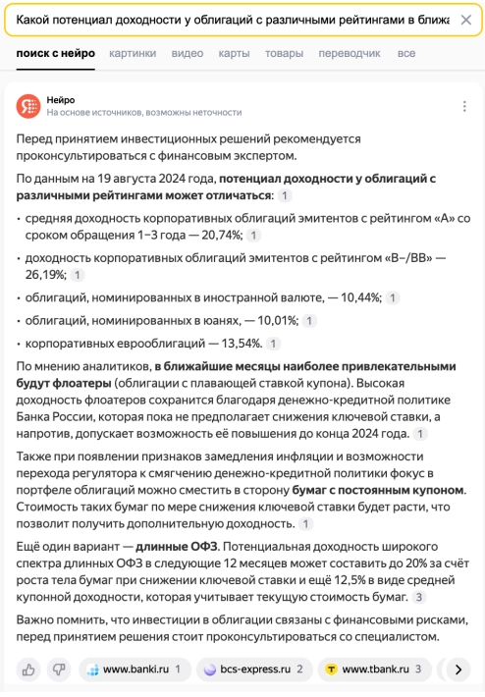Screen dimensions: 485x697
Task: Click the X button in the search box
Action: (464, 20)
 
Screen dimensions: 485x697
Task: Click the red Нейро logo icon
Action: (28, 106)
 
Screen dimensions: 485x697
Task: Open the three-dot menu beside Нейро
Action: (464, 106)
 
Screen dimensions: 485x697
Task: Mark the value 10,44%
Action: (356, 297)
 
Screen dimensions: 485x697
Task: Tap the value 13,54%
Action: (238, 344)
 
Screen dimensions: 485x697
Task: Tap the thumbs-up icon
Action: (28, 670)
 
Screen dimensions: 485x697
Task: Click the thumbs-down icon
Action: (59, 670)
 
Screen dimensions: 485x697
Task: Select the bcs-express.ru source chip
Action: (253, 670)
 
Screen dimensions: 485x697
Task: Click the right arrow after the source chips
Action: (457, 670)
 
